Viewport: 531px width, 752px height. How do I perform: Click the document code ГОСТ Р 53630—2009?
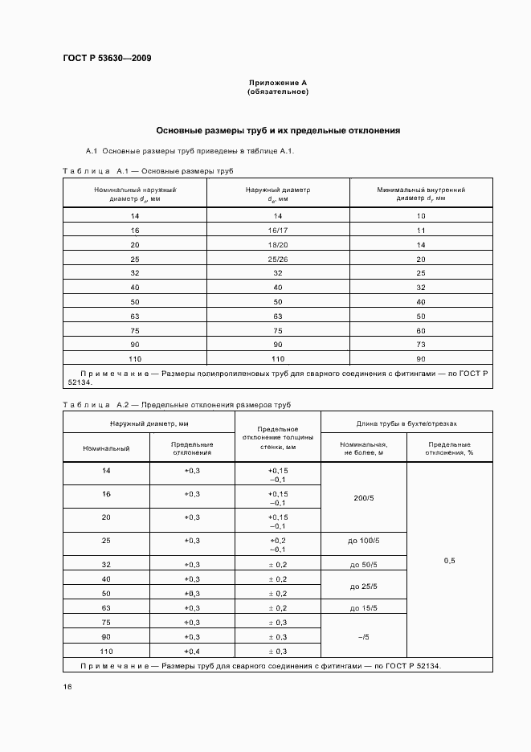(x=106, y=58)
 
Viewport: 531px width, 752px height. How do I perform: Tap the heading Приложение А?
(x=278, y=83)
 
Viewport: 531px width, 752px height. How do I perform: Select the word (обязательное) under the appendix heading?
(x=278, y=92)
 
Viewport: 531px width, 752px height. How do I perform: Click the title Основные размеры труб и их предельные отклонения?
(x=278, y=130)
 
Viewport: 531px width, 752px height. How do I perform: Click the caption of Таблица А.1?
(x=148, y=171)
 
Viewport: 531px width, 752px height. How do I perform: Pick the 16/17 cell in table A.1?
(x=278, y=231)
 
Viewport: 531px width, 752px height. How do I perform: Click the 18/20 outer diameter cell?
(x=278, y=244)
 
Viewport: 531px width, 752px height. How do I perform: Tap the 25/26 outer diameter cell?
(x=278, y=258)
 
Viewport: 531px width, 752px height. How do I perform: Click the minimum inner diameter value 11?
(x=421, y=231)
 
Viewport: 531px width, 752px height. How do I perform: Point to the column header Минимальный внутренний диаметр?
(x=421, y=193)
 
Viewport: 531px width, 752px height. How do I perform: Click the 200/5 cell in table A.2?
(x=364, y=498)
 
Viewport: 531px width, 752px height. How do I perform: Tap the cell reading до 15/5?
(x=364, y=609)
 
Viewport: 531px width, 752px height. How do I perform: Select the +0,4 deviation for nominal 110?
(x=192, y=651)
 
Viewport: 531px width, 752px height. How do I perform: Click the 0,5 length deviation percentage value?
(x=449, y=561)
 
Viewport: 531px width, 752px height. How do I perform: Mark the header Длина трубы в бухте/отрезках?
(x=406, y=423)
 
